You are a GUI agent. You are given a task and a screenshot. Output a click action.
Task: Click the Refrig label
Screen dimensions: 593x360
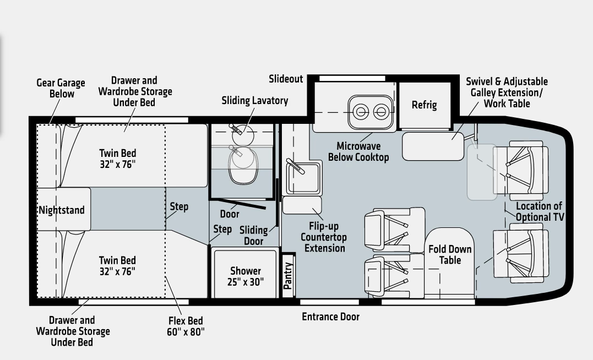pos(424,105)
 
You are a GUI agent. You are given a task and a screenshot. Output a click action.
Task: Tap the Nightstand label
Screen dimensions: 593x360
pos(62,210)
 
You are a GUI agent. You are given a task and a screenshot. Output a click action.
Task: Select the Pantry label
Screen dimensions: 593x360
pos(288,276)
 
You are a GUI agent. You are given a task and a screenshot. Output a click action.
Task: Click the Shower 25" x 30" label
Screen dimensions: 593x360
pos(246,276)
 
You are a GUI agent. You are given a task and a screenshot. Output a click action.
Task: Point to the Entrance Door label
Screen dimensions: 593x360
pos(330,317)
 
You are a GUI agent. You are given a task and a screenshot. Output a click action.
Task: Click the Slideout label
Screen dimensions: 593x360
pos(286,79)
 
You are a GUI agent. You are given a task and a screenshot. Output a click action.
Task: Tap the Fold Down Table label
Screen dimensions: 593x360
pos(450,254)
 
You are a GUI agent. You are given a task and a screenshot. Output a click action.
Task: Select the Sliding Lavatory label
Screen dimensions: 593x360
pos(255,101)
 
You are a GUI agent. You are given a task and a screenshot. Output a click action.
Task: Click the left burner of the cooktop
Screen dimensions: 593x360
pos(361,112)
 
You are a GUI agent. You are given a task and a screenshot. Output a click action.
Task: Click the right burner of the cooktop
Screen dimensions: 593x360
pos(381,112)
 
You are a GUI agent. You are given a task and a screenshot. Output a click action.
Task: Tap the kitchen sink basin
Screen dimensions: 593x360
pos(304,178)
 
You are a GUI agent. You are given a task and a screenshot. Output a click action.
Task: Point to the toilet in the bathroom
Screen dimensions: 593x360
pos(243,165)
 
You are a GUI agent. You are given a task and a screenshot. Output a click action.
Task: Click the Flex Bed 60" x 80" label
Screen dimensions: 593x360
pos(186,326)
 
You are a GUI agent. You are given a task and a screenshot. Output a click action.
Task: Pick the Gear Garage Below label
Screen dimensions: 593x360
pos(61,89)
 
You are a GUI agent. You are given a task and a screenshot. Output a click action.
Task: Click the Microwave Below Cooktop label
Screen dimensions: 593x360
pos(358,151)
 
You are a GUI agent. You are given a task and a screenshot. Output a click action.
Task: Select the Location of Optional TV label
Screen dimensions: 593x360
pos(540,212)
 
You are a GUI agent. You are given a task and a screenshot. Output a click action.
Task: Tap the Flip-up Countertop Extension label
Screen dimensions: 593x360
pos(323,237)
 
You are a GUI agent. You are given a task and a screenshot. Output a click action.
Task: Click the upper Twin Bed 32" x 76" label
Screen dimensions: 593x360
pos(118,159)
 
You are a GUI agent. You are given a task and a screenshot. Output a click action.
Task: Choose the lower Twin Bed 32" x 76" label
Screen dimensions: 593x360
pos(117,266)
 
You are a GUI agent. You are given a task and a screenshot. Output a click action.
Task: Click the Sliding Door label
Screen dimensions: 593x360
pos(253,236)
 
